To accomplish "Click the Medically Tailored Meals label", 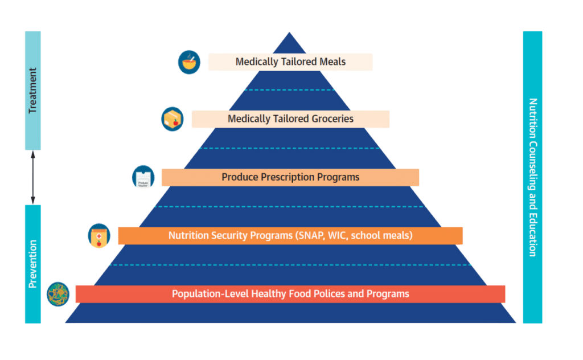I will (290, 62).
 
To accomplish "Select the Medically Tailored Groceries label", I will (290, 119).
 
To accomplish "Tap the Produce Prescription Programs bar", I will (290, 177).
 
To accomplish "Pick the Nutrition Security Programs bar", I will (290, 235).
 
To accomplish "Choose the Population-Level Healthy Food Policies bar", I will (290, 294).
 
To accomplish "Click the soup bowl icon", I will (189, 62).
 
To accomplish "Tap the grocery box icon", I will (172, 119).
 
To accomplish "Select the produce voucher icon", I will (143, 177).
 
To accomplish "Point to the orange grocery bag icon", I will (98, 236).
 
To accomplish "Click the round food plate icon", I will (58, 294).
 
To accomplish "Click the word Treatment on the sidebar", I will (33, 90).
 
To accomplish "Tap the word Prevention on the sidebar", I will (33, 264).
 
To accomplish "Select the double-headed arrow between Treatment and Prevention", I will (33, 177).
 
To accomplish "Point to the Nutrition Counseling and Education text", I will (533, 177).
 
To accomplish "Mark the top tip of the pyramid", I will (290, 33).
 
